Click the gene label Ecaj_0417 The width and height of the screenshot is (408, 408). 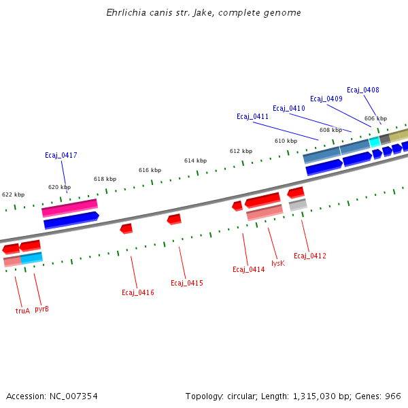61,156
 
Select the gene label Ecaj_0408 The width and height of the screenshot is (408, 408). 362,90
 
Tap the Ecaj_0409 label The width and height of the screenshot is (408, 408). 326,99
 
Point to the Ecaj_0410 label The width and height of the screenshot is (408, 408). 288,109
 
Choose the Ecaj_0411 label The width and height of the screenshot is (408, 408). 252,117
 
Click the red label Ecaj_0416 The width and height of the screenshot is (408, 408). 137,293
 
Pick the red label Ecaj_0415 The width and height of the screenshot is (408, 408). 186,284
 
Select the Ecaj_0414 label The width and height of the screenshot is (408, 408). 248,270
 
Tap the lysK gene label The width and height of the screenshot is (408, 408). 277,263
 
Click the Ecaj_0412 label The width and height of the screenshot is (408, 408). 309,256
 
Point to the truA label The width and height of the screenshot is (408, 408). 22,311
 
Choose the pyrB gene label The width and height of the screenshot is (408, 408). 41,309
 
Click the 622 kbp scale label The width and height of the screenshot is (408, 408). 13,194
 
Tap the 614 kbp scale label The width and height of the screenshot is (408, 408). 195,161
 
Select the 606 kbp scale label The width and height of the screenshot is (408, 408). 375,119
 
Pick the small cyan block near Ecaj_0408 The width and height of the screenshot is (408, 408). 375,141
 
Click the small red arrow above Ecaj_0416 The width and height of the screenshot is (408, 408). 126,228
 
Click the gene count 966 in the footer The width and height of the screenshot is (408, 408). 393,396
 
